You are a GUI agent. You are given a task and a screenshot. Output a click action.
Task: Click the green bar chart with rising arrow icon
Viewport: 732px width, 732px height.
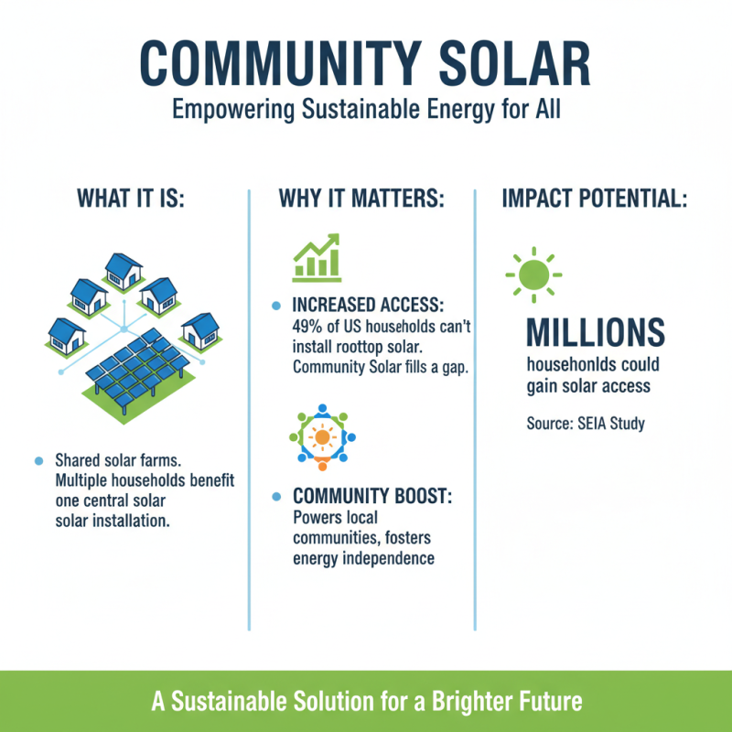[x=316, y=257]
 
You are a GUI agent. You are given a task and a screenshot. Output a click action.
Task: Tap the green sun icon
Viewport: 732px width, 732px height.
[x=533, y=274]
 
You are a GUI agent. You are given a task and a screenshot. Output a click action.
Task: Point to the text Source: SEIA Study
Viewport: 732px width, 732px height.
[x=586, y=424]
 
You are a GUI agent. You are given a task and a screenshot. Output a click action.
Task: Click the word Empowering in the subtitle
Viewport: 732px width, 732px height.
[x=222, y=111]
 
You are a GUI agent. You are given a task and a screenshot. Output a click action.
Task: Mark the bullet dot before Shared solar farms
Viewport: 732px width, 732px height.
[x=37, y=459]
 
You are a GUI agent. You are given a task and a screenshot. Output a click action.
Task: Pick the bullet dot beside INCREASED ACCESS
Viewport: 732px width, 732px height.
[x=276, y=306]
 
